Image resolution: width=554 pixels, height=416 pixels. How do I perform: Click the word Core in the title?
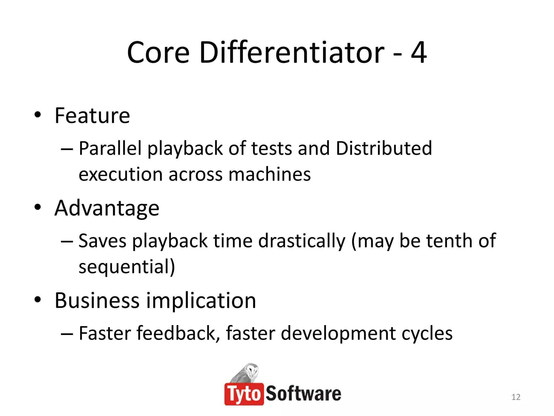(x=158, y=53)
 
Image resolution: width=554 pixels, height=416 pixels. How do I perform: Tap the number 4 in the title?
(x=418, y=53)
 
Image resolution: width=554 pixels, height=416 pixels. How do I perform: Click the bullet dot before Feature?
(x=38, y=115)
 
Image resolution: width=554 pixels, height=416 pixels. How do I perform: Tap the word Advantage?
(x=107, y=208)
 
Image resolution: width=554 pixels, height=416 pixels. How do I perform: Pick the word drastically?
(x=302, y=241)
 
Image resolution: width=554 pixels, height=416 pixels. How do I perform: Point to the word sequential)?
(x=127, y=266)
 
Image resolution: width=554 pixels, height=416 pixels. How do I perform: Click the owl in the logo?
(x=246, y=373)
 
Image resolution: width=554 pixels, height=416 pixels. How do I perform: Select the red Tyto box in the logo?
(x=244, y=394)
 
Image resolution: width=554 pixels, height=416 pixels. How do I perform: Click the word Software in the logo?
(x=303, y=394)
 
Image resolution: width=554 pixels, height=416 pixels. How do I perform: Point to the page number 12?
(x=516, y=397)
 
